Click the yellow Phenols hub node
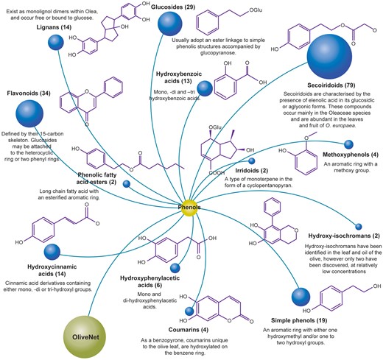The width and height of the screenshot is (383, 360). (x=190, y=208)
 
